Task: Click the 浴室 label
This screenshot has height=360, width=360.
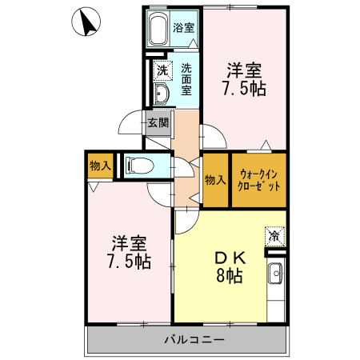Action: [x=184, y=27]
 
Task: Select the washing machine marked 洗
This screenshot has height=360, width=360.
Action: [x=162, y=70]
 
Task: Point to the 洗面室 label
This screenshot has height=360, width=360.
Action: [x=186, y=79]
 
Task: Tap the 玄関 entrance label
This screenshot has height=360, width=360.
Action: [x=158, y=123]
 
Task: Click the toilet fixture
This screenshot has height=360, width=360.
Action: [x=143, y=167]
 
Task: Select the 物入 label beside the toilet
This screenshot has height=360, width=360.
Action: [x=100, y=166]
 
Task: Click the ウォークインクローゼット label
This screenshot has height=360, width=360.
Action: [x=259, y=180]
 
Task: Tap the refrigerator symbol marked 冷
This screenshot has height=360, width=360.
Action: [x=274, y=237]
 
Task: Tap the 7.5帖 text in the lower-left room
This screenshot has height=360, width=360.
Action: [x=130, y=261]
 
